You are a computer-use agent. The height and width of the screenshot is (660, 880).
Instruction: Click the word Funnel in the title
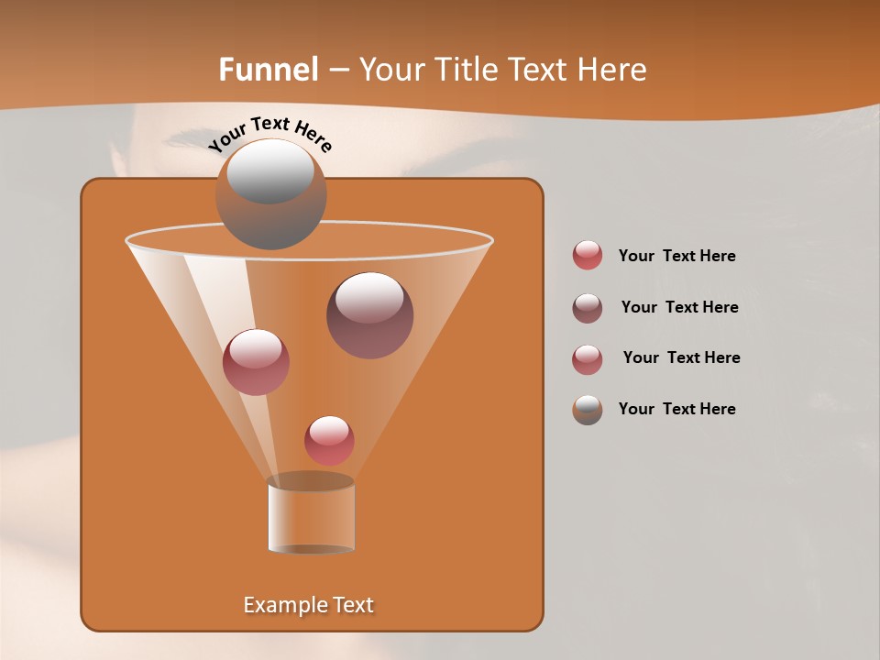coord(268,70)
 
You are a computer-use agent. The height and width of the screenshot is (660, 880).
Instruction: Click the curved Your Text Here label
coord(270,134)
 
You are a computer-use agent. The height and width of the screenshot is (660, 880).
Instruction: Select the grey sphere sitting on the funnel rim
coord(270,194)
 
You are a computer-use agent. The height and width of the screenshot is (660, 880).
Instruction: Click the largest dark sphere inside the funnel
coord(369,315)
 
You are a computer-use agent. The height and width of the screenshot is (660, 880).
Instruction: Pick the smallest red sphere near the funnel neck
coord(329,441)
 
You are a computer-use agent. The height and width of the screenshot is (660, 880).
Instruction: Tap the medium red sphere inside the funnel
coord(256,362)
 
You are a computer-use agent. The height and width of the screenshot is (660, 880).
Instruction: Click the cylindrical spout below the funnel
coord(311,517)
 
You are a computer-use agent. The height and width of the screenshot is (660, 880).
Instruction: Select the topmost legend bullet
coord(588,256)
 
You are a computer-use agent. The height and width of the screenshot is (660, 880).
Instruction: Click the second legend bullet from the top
coord(588,308)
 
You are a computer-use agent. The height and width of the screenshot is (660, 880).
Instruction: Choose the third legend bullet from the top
coord(588,359)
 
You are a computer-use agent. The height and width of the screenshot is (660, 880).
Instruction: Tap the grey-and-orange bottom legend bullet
coord(588,410)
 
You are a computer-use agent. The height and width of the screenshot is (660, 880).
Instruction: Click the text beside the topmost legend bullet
coord(676,257)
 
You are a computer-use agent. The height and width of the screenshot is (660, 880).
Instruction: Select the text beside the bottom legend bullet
coord(676,409)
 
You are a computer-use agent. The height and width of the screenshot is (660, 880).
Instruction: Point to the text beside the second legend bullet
coord(679,307)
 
